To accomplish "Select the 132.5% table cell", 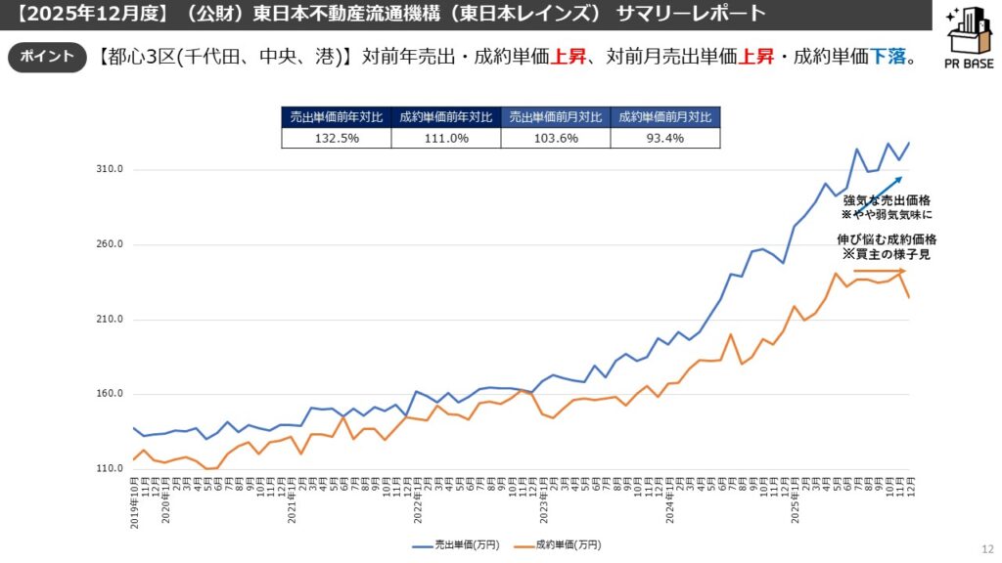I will point(337,138).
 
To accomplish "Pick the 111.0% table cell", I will point(445,138).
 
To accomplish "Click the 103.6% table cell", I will point(555,138).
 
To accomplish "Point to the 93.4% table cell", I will point(664,138).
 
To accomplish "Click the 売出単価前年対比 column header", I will point(337,116).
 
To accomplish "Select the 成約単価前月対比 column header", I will point(664,116).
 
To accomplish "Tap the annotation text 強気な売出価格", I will point(887,200).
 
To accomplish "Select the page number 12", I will point(985,550).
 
